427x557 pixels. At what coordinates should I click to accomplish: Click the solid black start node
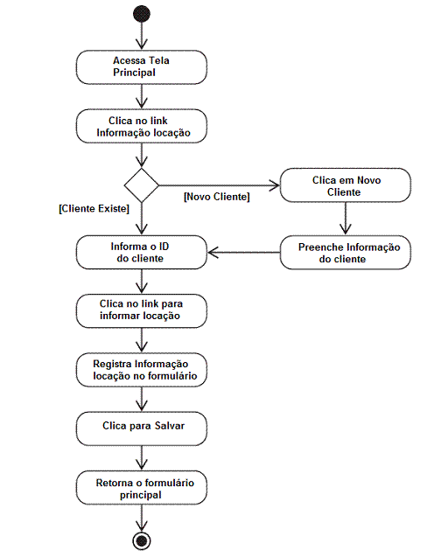[142, 14]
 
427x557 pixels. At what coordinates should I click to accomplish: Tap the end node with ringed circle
[142, 541]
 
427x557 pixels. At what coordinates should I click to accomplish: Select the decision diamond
[142, 185]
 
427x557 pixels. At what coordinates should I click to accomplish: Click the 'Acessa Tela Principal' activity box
[142, 67]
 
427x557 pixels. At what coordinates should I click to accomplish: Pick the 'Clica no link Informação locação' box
[142, 126]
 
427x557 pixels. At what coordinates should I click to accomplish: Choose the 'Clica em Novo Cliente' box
[346, 185]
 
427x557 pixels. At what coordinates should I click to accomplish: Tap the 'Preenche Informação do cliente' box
[346, 252]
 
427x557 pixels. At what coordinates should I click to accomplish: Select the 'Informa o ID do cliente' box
[142, 252]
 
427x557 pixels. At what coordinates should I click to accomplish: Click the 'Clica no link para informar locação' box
[142, 310]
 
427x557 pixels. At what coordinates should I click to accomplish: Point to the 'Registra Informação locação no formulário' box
[142, 370]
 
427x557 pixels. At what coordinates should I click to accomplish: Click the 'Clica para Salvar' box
[142, 428]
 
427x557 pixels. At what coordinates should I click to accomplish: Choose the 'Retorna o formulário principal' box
[142, 488]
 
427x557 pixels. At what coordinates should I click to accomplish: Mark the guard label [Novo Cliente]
[216, 197]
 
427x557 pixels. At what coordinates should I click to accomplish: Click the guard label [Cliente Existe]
[94, 208]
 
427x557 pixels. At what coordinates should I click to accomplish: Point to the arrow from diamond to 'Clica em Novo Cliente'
[220, 185]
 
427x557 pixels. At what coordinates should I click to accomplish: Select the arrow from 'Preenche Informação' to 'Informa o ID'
[243, 253]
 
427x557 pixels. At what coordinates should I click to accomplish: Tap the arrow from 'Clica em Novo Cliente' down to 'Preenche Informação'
[346, 219]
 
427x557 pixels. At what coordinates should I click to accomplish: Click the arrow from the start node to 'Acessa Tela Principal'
[142, 36]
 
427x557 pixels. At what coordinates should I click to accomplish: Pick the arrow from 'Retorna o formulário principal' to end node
[142, 519]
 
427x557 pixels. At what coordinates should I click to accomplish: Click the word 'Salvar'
[170, 426]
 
